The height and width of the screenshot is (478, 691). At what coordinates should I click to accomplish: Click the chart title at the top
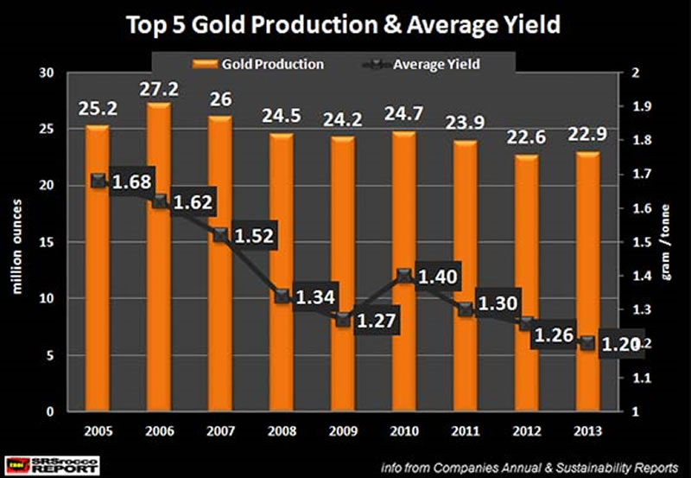345,24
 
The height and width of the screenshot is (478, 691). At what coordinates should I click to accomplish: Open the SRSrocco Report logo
53,463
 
